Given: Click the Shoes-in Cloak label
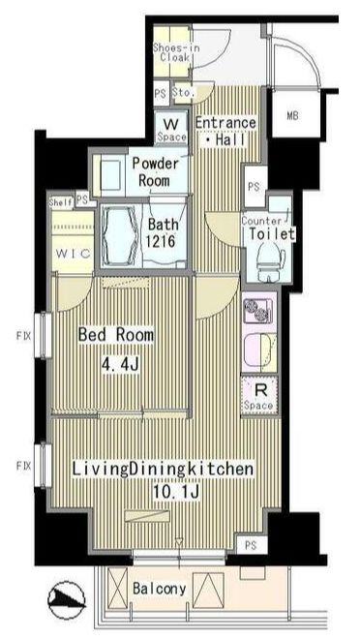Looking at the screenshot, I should [x=175, y=51].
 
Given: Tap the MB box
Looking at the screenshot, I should [x=292, y=118].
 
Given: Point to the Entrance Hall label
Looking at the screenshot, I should [x=225, y=131].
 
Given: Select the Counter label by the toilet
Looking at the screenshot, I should [x=260, y=219].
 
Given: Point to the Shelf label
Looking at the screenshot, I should [x=60, y=201].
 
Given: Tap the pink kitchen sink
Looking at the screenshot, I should [x=260, y=346].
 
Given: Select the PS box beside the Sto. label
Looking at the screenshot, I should [x=160, y=93].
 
